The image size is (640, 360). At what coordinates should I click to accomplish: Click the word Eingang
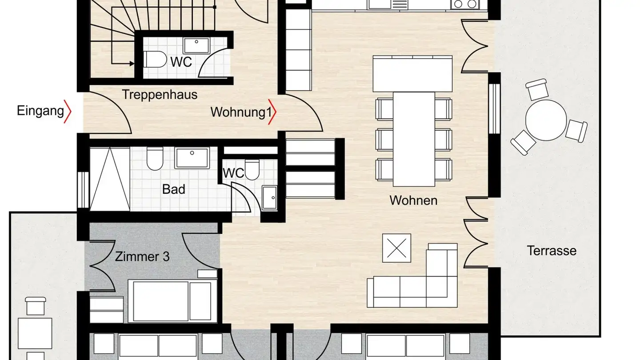click(x=40, y=111)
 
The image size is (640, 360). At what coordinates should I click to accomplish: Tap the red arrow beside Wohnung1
click(x=273, y=112)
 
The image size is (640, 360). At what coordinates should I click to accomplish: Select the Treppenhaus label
click(x=160, y=95)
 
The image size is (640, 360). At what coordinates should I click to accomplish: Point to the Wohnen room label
click(x=413, y=200)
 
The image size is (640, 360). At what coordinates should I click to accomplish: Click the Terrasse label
click(x=552, y=250)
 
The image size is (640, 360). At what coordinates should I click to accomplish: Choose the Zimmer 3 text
click(x=142, y=256)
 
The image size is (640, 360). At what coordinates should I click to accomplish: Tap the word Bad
click(x=173, y=189)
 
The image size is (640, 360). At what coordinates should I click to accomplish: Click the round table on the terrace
click(x=546, y=120)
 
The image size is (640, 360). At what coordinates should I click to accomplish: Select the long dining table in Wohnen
click(x=414, y=139)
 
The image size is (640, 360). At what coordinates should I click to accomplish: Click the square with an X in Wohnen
click(x=396, y=248)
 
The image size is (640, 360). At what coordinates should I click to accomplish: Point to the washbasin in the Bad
click(x=192, y=158)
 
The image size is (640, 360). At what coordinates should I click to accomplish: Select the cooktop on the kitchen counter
click(x=465, y=4)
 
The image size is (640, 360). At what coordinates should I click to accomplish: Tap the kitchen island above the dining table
click(x=413, y=74)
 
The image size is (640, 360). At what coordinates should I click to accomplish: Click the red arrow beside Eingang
click(x=68, y=111)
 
